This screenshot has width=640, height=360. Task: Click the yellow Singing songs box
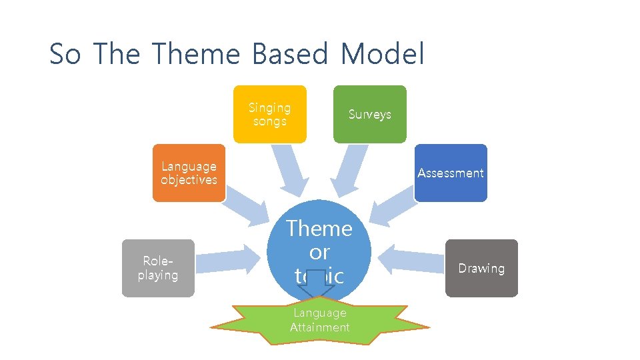(x=269, y=114)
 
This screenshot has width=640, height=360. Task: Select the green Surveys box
(x=369, y=114)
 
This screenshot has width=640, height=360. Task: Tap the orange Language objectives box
(x=189, y=173)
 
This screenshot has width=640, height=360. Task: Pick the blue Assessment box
(x=451, y=173)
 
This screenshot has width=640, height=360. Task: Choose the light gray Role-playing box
(x=158, y=268)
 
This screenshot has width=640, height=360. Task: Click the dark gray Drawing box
(x=481, y=268)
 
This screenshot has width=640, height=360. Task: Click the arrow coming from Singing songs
(x=291, y=171)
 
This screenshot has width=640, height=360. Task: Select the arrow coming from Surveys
(x=351, y=171)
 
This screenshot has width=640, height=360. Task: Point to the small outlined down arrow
(x=319, y=286)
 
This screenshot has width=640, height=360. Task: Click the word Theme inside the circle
(x=319, y=229)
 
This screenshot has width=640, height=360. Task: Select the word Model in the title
(x=381, y=54)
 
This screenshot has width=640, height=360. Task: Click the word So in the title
(x=65, y=54)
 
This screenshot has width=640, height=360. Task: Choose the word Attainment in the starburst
(x=320, y=327)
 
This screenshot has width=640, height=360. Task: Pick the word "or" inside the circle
(x=319, y=253)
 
